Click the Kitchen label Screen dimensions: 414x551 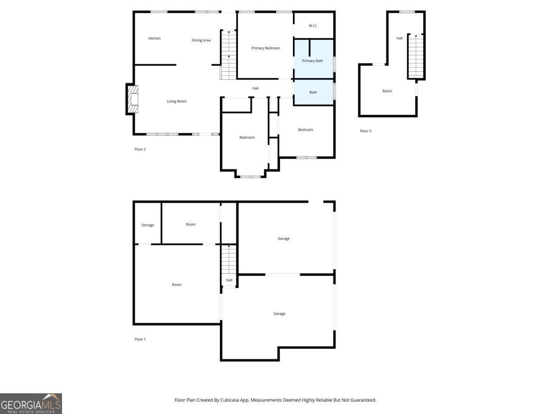coord(154,38)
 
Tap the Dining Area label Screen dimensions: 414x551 coord(201,40)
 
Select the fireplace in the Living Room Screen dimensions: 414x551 coord(132,99)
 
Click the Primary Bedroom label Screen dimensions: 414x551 coord(265,48)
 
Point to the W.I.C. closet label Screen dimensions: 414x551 coord(313,26)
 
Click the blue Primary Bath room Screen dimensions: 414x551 coord(313,61)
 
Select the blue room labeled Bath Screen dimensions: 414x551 coord(313,92)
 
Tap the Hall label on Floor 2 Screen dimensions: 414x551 coord(255,88)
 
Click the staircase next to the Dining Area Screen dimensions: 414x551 coord(228,55)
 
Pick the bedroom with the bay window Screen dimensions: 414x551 coord(247,138)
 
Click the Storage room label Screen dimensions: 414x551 coord(147,225)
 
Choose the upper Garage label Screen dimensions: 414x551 coord(283,239)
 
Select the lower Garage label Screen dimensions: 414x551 coord(279,314)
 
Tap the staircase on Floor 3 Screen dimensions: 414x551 coord(416,56)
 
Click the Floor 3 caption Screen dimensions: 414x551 coord(365,131)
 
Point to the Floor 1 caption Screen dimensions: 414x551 coord(140,339)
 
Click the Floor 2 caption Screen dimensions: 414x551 coord(140,149)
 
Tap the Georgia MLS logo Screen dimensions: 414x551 coord(31,403)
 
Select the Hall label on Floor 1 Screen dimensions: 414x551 coord(229,280)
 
